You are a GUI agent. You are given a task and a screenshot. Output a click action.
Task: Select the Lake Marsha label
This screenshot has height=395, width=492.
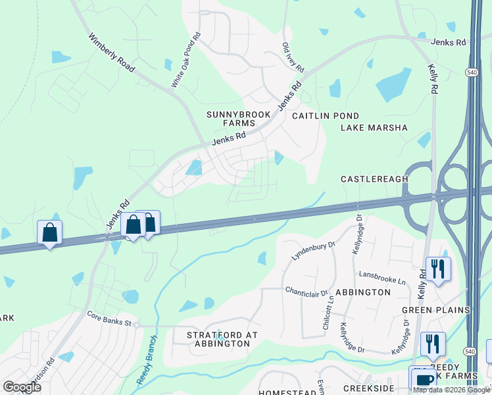point(374,128)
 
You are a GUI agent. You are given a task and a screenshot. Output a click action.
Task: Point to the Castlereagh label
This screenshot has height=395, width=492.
point(375,179)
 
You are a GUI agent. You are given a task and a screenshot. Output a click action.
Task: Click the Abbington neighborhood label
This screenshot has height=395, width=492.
point(363,292)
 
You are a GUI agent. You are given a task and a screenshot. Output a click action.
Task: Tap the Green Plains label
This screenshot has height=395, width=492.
point(436,310)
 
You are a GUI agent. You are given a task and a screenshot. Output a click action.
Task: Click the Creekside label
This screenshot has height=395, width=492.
point(368,390)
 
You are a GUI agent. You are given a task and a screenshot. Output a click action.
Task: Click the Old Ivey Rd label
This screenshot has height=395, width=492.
point(293,58)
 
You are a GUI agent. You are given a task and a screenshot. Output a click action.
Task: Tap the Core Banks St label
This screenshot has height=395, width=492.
point(110,318)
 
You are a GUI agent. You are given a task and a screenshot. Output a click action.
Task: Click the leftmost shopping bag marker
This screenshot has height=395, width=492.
point(49,232)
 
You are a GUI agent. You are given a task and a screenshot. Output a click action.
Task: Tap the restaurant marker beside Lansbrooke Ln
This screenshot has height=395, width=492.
point(437,268)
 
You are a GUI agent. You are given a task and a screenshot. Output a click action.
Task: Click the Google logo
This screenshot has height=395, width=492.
point(22,386)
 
